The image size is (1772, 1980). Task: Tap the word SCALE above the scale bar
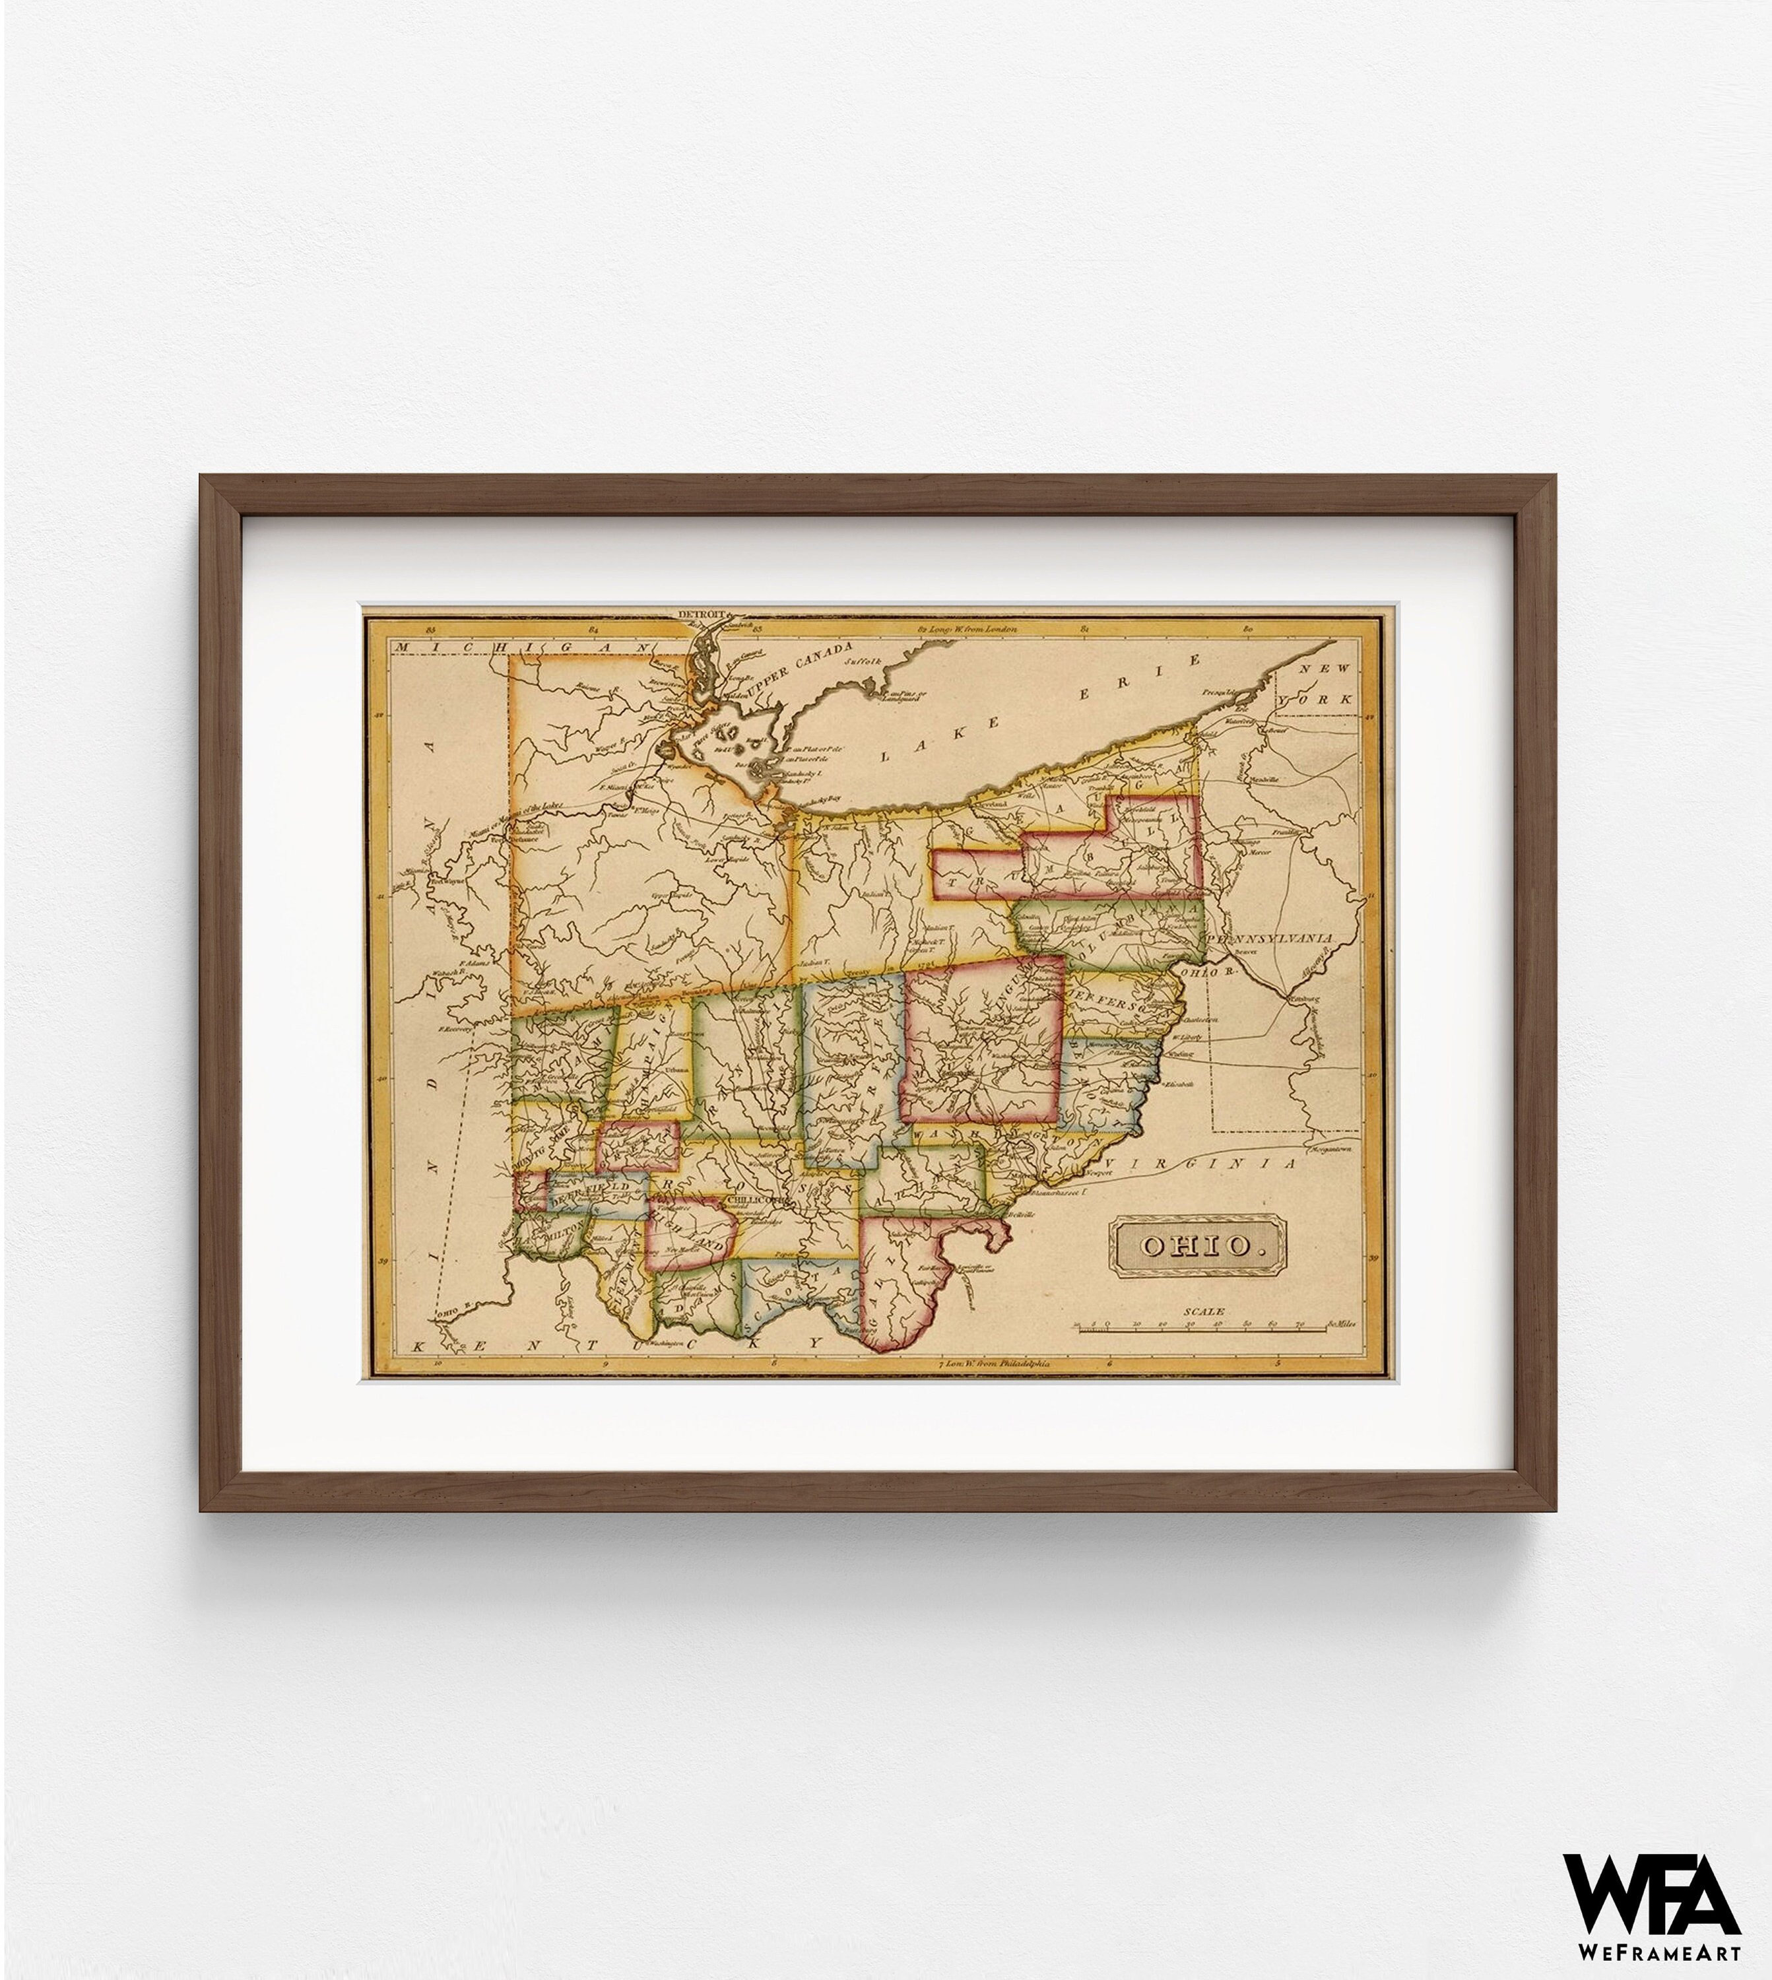coord(1202,1312)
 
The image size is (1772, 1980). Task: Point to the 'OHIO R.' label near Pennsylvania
coord(1205,971)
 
